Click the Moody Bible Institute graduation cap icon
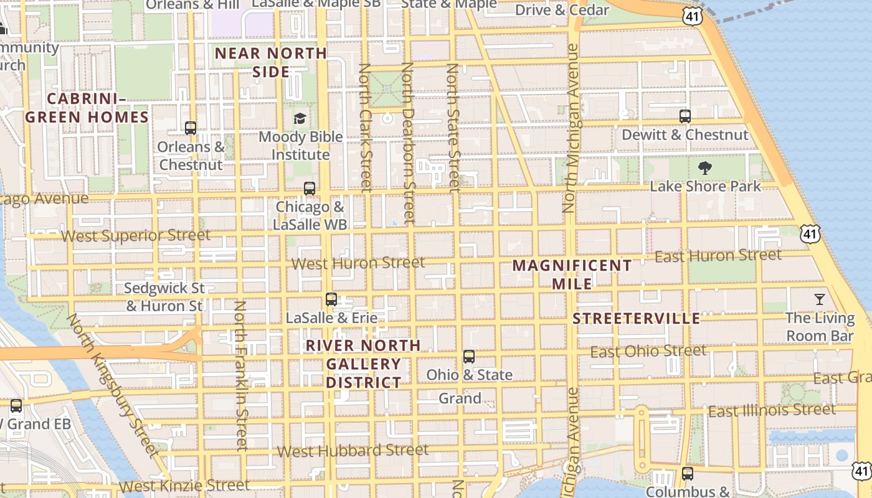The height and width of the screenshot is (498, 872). click(300, 118)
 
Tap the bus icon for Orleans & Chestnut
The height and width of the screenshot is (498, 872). click(191, 128)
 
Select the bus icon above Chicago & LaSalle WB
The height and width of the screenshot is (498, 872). click(310, 188)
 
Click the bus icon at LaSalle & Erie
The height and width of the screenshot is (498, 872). click(331, 299)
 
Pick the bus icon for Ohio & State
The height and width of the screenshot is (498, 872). click(469, 357)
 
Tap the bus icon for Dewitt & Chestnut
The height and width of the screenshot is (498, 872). click(685, 116)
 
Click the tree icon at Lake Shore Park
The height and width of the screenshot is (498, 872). click(705, 167)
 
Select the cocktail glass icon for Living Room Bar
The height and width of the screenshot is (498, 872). click(820, 299)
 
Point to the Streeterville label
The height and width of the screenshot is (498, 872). click(637, 319)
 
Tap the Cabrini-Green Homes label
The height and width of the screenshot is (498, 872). click(87, 108)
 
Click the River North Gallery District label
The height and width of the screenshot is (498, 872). click(364, 364)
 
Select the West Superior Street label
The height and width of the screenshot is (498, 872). click(136, 236)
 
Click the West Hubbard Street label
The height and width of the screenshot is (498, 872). click(353, 450)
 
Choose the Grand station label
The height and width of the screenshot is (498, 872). click(460, 398)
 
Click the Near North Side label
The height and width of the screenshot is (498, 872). click(271, 62)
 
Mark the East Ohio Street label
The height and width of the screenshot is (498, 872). click(648, 352)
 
